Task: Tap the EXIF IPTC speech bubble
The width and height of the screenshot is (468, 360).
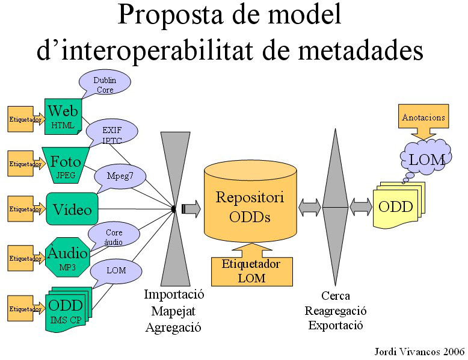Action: point(112,134)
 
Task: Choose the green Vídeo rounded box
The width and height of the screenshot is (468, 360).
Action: point(72,209)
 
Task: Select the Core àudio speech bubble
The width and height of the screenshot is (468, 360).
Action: point(114,235)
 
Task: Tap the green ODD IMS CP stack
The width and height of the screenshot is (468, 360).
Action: point(66,310)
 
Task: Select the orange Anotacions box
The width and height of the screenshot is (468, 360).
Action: point(423,118)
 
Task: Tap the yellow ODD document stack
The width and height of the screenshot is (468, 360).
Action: point(396,206)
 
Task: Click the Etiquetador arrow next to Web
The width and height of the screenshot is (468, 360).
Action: point(25,119)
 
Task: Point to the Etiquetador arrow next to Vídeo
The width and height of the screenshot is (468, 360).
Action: point(25,209)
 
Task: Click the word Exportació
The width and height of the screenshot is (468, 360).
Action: point(335,326)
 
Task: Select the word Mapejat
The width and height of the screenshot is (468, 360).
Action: point(174,311)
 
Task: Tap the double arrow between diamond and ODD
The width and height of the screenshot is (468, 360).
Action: point(361,207)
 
